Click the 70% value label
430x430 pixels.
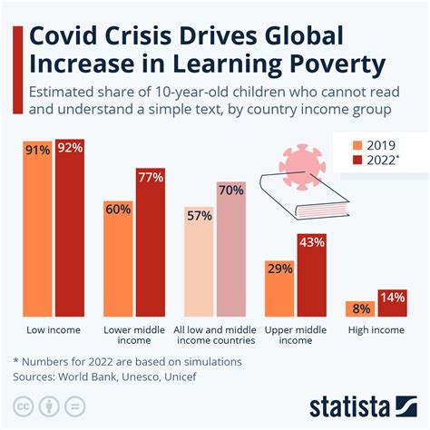click(230, 191)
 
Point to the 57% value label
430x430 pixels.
click(200, 216)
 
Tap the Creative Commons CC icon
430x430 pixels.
click(20, 405)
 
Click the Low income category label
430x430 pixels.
click(52, 329)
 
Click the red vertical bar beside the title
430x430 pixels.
click(16, 69)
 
